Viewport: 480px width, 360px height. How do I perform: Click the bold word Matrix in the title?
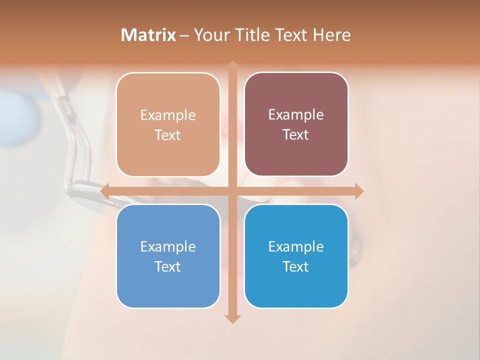148,35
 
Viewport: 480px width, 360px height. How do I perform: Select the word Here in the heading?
332,35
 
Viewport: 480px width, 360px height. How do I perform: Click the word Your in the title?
209,35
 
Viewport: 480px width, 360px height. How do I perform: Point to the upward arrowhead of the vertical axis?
232,65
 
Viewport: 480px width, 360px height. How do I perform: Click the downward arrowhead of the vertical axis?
232,318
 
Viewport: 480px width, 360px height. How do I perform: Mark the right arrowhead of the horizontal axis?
359,191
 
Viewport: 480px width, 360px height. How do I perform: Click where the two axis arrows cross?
232,191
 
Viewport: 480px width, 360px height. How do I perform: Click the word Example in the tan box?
168,115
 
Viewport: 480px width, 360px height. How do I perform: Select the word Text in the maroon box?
296,135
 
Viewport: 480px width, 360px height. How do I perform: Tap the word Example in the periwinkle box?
168,247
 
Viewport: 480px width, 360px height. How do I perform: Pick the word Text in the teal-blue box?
296,266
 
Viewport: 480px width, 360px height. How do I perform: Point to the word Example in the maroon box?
296,115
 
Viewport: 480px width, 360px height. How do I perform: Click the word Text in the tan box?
168,135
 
